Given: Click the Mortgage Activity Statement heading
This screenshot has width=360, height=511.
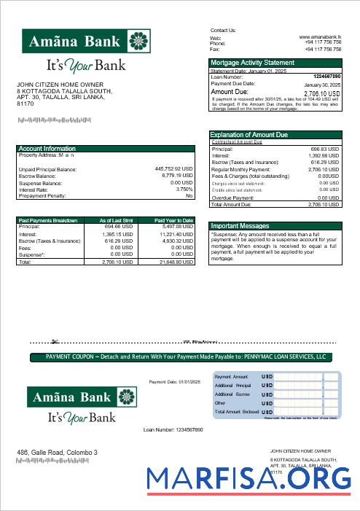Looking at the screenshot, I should (252, 63).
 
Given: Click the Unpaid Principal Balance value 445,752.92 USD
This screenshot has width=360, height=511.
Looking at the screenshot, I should (173, 169).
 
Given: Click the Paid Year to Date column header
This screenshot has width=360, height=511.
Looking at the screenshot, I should (173, 220).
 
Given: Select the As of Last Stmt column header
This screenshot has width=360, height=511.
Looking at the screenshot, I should (116, 220).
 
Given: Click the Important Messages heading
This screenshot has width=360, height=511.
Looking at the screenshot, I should (240, 226).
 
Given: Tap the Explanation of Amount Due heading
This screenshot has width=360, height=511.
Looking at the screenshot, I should (249, 135).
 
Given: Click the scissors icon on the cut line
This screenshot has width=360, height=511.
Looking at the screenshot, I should (55, 340).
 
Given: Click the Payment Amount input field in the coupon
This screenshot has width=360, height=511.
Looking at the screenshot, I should (306, 376).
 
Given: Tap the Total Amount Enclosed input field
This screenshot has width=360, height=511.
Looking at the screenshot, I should (306, 412).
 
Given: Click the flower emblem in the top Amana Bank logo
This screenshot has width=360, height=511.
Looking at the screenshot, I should (138, 41).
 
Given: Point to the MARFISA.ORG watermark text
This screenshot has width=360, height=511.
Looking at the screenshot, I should (248, 478).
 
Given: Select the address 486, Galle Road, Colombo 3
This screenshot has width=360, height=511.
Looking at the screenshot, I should (57, 453).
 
